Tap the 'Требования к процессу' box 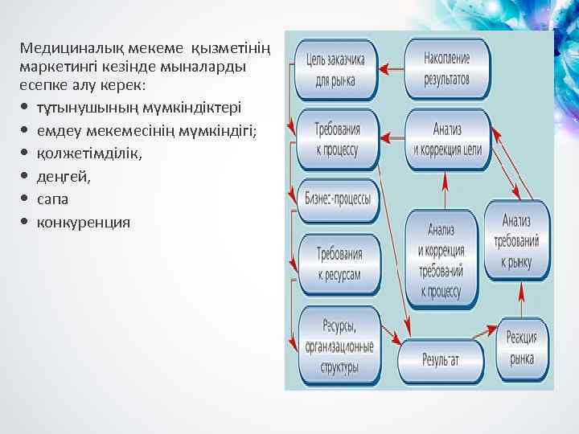pyautogui.click(x=338, y=139)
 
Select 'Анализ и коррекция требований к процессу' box pyautogui.click(x=440, y=258)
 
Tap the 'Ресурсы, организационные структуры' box pyautogui.click(x=339, y=346)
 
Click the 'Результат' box pyautogui.click(x=440, y=359)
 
